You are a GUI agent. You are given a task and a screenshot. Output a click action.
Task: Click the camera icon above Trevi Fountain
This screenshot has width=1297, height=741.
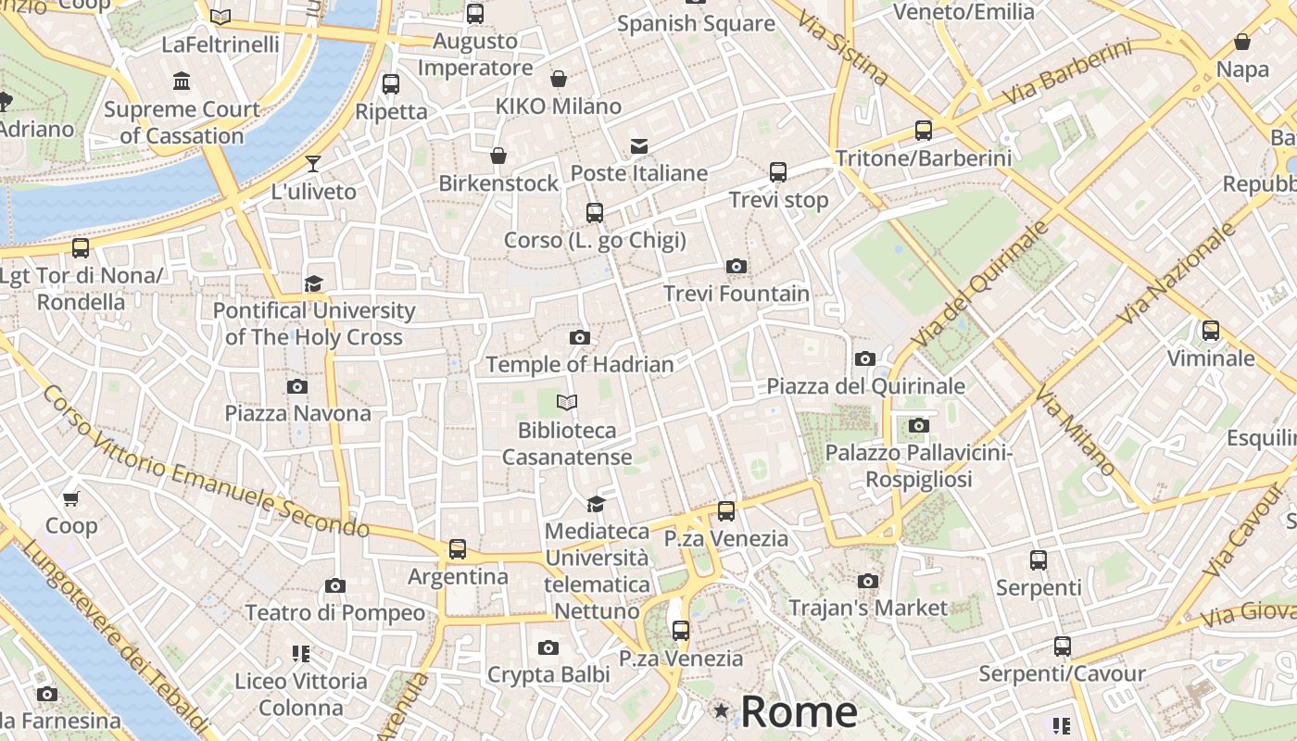tap(737, 267)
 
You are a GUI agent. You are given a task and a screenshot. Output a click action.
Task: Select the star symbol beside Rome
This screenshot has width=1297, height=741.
tap(721, 711)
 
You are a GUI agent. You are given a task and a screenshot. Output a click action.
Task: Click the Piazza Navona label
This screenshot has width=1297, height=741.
tap(297, 413)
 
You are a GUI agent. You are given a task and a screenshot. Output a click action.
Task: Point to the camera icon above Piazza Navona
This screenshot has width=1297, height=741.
tap(297, 386)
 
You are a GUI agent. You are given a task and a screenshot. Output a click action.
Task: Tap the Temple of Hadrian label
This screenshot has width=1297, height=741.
tap(580, 364)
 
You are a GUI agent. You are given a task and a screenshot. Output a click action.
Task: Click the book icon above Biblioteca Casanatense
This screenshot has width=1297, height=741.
tap(567, 402)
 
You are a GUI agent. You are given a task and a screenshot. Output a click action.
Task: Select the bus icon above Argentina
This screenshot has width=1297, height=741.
tap(458, 548)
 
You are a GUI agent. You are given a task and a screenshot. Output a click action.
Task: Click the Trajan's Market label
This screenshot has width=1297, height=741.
tap(868, 608)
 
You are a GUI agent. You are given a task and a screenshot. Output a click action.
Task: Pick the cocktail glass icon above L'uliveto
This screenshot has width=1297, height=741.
tap(313, 164)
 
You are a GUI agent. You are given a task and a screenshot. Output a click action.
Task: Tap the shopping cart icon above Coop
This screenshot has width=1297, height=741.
tap(71, 498)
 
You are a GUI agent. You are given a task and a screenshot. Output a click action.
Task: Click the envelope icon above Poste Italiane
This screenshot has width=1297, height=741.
tap(638, 145)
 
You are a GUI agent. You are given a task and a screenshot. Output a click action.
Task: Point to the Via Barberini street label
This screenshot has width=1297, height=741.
tap(1067, 72)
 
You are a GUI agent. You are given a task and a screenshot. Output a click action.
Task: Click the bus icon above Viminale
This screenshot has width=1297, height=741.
tap(1210, 331)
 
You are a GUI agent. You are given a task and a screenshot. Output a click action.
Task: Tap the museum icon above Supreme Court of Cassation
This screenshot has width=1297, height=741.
tap(182, 82)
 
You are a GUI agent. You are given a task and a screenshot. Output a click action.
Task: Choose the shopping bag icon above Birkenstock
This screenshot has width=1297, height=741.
tap(498, 155)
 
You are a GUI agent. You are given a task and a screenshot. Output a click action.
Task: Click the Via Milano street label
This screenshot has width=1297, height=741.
tap(1075, 433)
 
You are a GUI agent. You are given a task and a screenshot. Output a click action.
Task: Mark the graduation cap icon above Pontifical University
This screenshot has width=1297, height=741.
tap(314, 283)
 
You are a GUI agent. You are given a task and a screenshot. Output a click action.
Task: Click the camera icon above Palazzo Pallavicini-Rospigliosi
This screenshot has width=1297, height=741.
tap(918, 425)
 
